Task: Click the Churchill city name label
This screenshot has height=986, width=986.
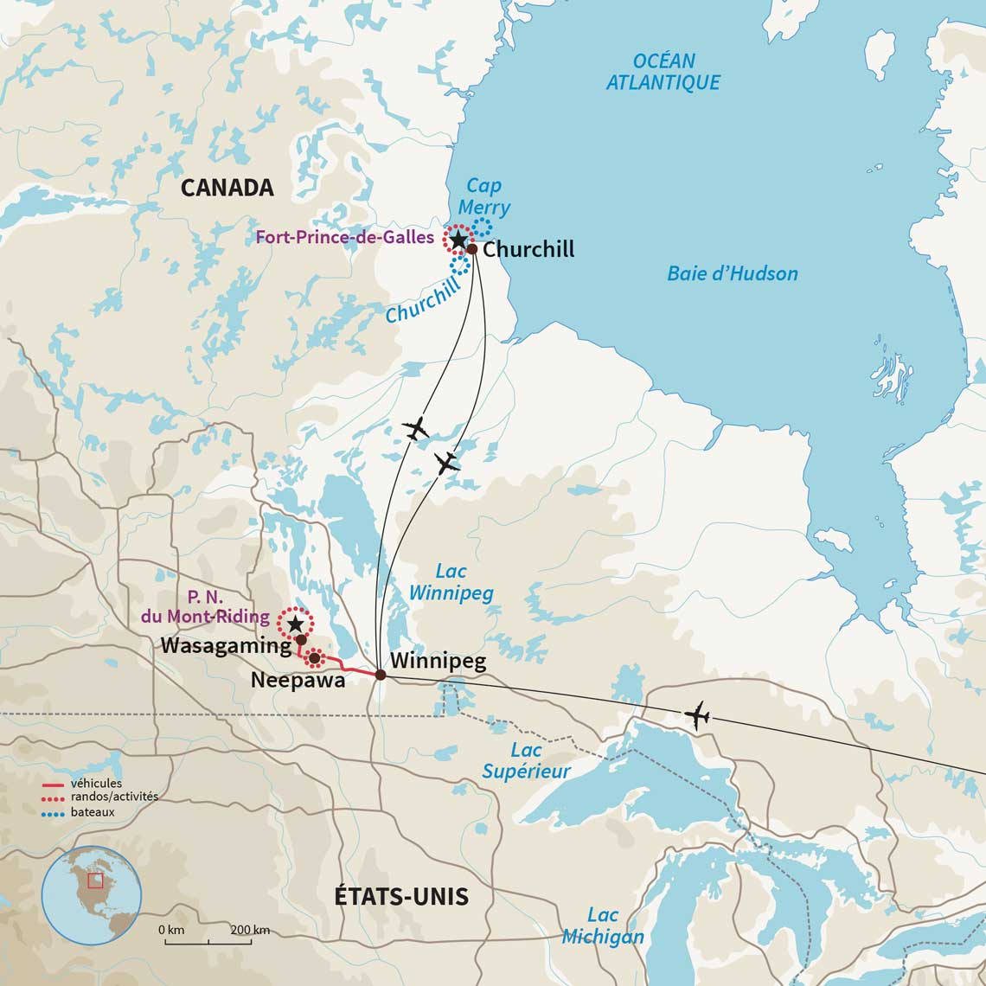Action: coord(528,250)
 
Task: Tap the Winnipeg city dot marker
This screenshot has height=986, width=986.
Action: coord(381,675)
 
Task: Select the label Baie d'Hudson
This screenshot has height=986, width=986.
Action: coord(732,274)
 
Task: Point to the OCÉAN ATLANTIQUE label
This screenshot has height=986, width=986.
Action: coord(663,72)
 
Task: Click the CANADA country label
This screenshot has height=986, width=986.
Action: coord(227,188)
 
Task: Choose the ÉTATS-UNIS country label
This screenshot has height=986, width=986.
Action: coord(401,897)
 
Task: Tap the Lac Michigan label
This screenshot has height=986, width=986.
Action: coord(603,926)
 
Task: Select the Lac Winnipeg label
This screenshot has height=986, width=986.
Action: coord(451,582)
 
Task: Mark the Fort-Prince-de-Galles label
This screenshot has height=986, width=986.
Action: coord(344,237)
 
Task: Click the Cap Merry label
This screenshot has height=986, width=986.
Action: coord(483,196)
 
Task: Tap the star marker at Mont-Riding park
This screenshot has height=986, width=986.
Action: coord(295,623)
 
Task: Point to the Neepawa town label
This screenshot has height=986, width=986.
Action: coord(298,681)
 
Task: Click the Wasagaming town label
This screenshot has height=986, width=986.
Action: coord(224,645)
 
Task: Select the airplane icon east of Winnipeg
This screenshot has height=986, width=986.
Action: coord(696,715)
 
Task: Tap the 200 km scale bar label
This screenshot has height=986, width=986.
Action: coord(250,930)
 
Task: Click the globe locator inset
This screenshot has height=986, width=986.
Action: coord(92,894)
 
